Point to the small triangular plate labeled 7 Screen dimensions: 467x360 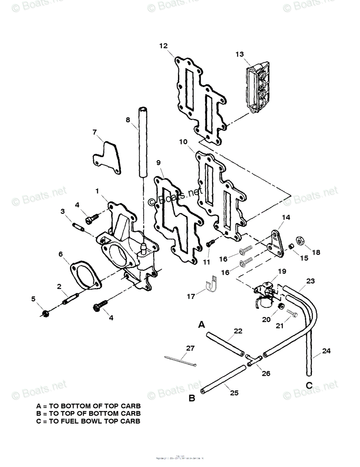coord(107,158)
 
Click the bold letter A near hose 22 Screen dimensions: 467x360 coord(201,325)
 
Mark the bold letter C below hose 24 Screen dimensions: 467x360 coord(309,385)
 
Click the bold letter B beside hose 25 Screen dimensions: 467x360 coord(192,398)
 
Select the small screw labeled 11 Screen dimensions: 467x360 coord(210,243)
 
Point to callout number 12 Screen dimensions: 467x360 coord(163,46)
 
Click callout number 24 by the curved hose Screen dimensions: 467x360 coord(326,351)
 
